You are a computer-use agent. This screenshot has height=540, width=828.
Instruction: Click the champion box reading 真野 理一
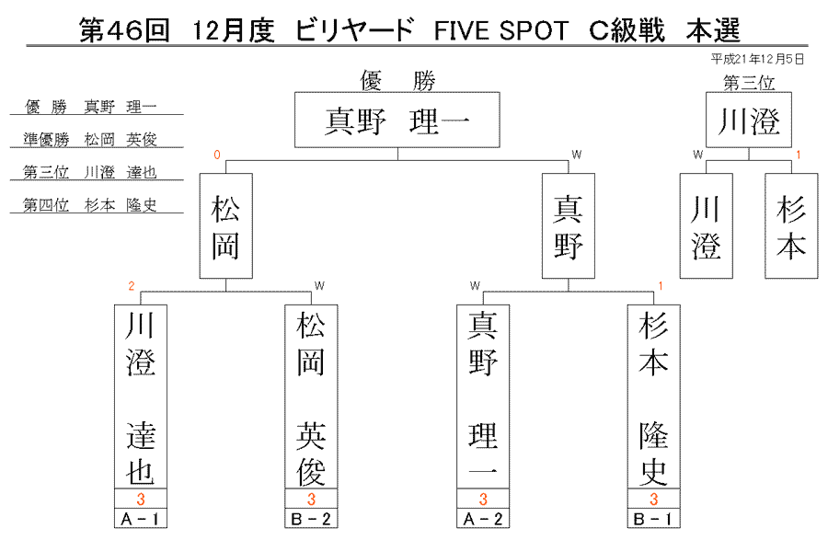pos(397,120)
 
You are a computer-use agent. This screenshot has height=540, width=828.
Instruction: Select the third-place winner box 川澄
pos(749,120)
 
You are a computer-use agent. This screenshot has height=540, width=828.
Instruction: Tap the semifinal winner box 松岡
pos(226,226)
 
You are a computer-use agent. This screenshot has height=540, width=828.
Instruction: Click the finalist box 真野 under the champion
pos(569,226)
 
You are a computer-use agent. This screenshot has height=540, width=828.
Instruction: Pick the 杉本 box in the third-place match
pos(791,226)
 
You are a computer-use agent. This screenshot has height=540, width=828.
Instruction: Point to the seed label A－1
pos(141,519)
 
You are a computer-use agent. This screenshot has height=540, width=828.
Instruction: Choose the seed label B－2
pos(311,519)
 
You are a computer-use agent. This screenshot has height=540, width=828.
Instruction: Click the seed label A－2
pos(483,519)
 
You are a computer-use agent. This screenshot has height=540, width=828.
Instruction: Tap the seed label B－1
pos(654,519)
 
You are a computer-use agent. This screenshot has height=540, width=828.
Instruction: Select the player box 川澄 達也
pos(141,396)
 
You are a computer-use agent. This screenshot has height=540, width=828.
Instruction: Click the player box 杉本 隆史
pos(654,396)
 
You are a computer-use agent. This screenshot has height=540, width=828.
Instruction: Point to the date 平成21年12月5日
pos(757,59)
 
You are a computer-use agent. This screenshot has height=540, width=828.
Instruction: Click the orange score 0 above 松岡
pos(216,155)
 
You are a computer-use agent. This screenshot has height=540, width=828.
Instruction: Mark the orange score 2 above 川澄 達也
pos(132,286)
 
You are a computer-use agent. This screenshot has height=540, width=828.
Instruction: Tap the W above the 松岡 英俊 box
pos(319,286)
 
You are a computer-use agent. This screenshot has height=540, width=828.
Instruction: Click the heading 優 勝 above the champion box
pos(397,81)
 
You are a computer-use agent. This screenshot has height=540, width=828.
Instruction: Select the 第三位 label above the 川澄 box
pos(749,83)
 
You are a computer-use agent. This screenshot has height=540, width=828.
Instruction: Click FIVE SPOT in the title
pos(500,30)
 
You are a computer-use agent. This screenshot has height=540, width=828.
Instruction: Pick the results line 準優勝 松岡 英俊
pos(90,139)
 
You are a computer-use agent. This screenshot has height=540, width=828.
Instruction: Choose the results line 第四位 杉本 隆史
pos(90,205)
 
